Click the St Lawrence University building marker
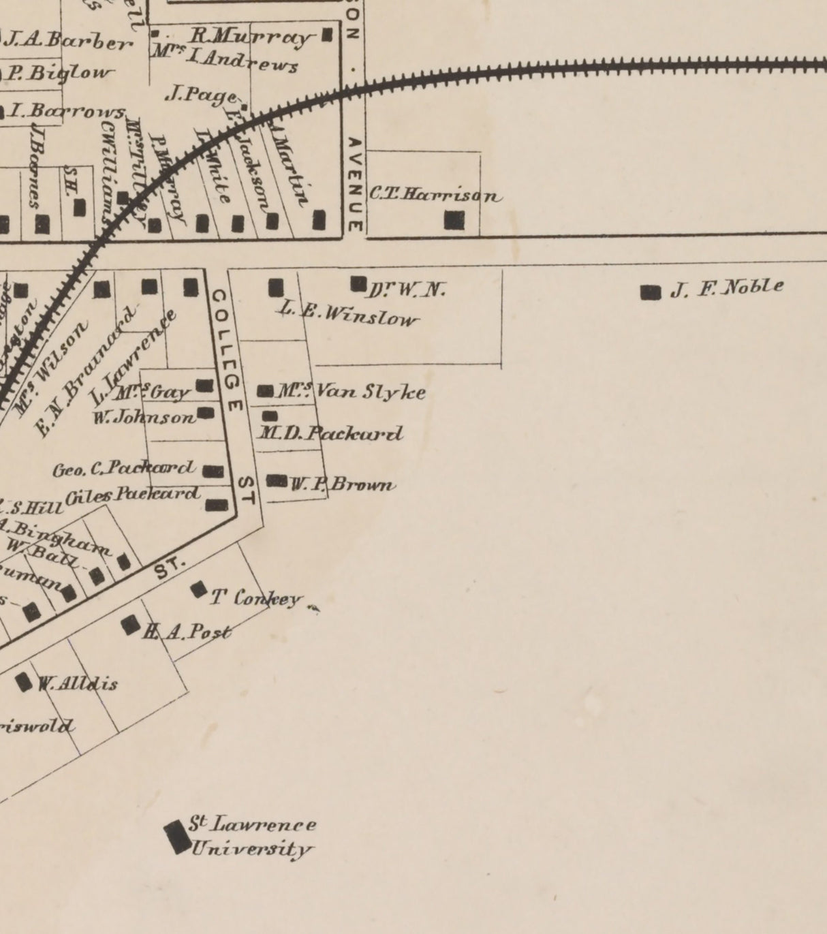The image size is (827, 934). [177, 837]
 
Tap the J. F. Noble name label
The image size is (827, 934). [727, 288]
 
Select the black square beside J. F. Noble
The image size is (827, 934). [651, 292]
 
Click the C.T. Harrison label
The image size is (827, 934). [435, 195]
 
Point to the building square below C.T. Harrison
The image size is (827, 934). [454, 220]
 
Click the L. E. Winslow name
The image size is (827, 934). [347, 314]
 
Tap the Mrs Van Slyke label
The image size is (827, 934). [352, 392]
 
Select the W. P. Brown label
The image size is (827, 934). [343, 485]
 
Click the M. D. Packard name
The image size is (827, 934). [330, 433]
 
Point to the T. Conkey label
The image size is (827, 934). [255, 599]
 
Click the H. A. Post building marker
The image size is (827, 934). [130, 625]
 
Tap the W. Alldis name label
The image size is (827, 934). [77, 683]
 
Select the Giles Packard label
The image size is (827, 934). [133, 495]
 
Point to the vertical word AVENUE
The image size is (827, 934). [354, 184]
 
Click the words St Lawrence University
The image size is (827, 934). [251, 837]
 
